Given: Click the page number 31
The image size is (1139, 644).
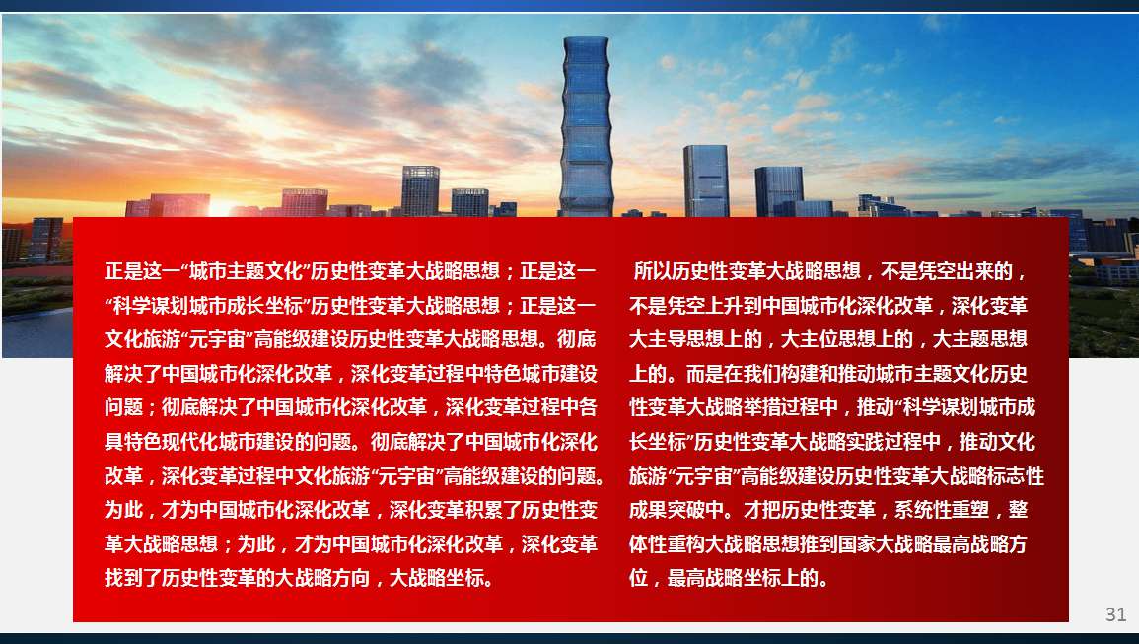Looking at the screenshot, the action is (x=1115, y=614).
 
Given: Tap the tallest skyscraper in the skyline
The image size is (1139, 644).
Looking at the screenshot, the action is (x=586, y=126).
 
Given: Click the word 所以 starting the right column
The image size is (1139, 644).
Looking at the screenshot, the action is (x=652, y=271).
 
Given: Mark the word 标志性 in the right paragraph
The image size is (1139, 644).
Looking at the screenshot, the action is (x=1017, y=476).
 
